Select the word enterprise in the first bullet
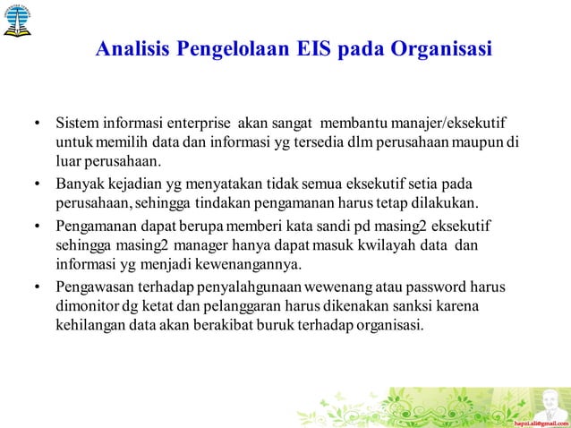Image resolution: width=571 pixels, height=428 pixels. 205,122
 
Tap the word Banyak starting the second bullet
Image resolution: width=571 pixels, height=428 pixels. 80,184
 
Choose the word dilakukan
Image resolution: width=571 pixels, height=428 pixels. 444,202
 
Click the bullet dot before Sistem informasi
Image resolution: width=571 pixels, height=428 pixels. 38,123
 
